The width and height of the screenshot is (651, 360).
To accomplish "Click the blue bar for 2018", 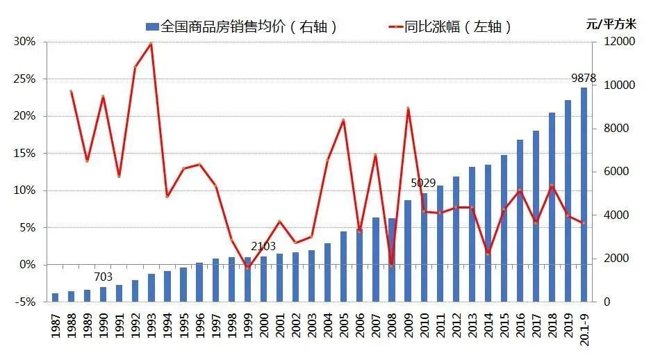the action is click(x=552, y=207).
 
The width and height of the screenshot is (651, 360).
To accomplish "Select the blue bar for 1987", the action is click(x=55, y=297).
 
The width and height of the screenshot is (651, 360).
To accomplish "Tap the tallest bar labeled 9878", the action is click(x=584, y=195).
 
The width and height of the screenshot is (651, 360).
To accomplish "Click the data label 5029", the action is click(x=423, y=183).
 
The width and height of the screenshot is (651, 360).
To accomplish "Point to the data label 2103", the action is click(x=263, y=246).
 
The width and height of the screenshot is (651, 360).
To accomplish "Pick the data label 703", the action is click(x=104, y=277).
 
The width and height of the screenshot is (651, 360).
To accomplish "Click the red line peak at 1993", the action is click(x=151, y=43).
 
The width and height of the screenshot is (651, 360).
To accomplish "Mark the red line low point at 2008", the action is click(x=392, y=265).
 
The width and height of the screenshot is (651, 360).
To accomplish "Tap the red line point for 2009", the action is click(x=408, y=108).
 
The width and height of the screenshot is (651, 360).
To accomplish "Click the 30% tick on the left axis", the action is click(x=24, y=42).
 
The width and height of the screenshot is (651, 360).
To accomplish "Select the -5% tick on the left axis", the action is click(x=25, y=302).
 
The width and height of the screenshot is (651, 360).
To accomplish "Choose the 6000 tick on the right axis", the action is click(x=616, y=172).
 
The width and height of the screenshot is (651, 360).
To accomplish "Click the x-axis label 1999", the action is click(x=247, y=326).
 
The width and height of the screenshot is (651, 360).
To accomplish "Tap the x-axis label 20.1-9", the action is click(x=584, y=329).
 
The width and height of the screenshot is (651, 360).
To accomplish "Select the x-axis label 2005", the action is click(x=343, y=326).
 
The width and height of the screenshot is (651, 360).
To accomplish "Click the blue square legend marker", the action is click(x=152, y=27).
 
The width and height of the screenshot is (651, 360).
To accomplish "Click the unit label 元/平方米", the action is click(x=611, y=24).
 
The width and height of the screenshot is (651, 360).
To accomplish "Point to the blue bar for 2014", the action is click(x=488, y=234).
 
